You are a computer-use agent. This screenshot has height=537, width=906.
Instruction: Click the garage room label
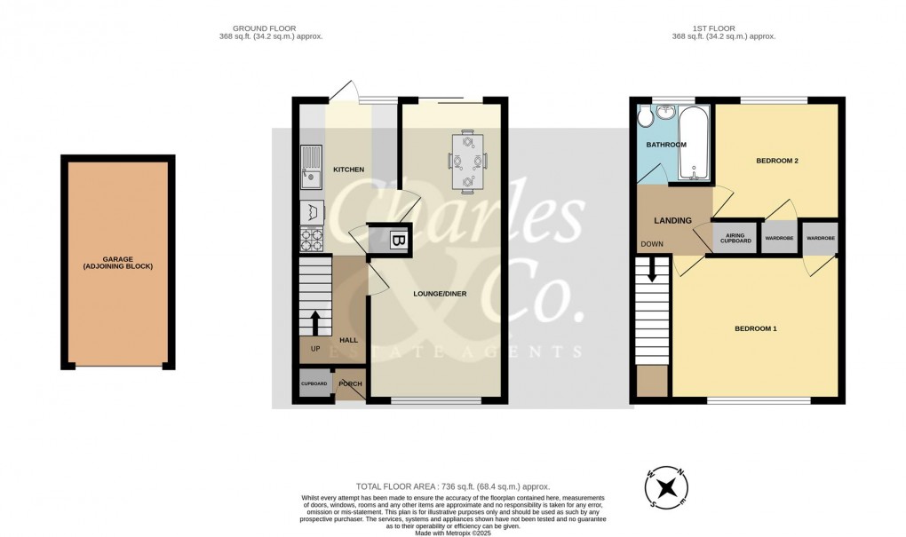pos(118,261)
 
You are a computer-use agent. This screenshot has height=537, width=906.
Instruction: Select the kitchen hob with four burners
pos(313,239)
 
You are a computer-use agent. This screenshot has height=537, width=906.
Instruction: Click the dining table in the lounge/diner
pos(467,162)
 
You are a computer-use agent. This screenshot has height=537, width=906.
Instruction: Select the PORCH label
pos(350,384)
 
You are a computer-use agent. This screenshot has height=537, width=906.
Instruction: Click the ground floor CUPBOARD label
pos(314,384)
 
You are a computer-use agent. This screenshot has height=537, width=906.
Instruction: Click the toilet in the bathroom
pos(647,118)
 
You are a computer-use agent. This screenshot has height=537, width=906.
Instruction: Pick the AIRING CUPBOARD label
pos(735,239)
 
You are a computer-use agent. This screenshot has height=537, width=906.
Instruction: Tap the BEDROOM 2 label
pos(777,161)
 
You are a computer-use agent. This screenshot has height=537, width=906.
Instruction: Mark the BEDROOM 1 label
pos(755,329)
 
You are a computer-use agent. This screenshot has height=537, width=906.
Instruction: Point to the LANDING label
pos(672,220)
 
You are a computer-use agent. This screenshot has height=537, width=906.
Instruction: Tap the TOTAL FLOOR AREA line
pos(453,486)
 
